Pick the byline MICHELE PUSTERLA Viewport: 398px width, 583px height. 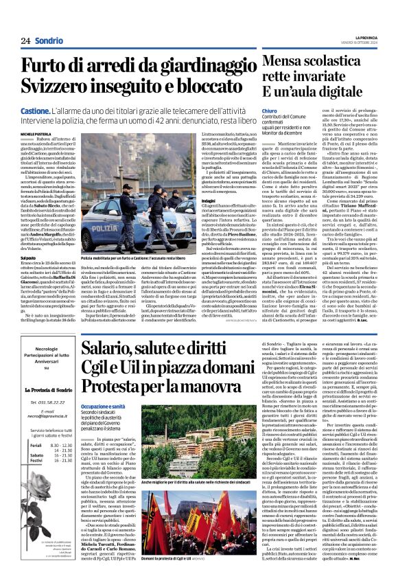[x=36, y=133]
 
